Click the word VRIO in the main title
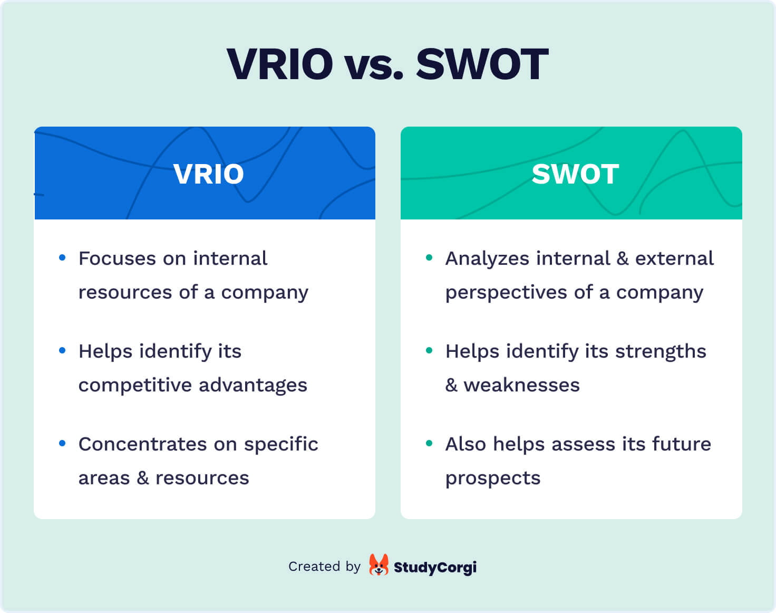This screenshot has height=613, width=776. tap(280, 64)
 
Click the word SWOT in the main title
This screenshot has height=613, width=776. tap(482, 64)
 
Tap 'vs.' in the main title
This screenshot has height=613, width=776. tap(374, 66)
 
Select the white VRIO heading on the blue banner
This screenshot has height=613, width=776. tap(209, 174)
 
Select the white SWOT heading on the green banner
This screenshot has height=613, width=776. tap(575, 174)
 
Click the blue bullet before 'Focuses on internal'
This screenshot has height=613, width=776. tap(62, 257)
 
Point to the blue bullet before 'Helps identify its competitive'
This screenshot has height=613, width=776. tap(62, 350)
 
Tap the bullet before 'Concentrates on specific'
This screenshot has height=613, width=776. tap(62, 443)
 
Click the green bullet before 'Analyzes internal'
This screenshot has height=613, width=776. tap(429, 257)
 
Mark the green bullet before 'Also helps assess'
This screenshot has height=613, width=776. tap(429, 443)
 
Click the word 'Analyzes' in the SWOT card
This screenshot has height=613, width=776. tap(487, 258)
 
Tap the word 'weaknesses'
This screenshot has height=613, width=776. tap(521, 385)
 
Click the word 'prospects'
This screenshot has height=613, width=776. tap(493, 478)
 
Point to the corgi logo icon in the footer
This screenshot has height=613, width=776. tap(379, 565)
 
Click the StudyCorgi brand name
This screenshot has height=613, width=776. tap(435, 568)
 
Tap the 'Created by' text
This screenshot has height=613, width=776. tap(324, 567)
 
